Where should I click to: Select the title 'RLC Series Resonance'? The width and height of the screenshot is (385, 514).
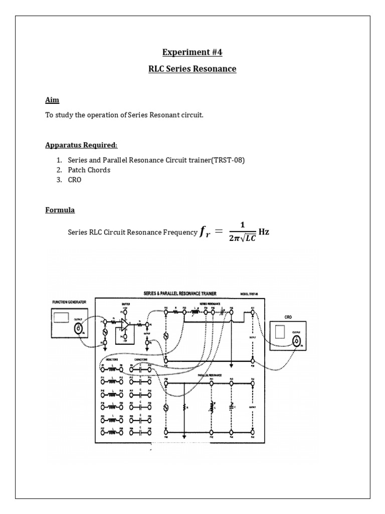click(192, 69)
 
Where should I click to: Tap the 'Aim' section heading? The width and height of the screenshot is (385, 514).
click(52, 100)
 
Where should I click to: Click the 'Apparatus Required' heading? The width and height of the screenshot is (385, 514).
click(81, 145)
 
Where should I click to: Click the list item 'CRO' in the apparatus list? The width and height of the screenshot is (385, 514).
click(74, 180)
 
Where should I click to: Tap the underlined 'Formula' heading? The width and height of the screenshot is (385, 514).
click(60, 210)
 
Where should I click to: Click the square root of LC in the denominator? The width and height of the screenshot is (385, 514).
click(247, 238)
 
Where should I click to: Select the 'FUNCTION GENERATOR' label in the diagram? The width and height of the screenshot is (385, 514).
click(70, 302)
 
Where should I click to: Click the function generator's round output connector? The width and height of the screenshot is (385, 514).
click(79, 329)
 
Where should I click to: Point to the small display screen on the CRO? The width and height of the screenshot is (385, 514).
click(280, 332)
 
